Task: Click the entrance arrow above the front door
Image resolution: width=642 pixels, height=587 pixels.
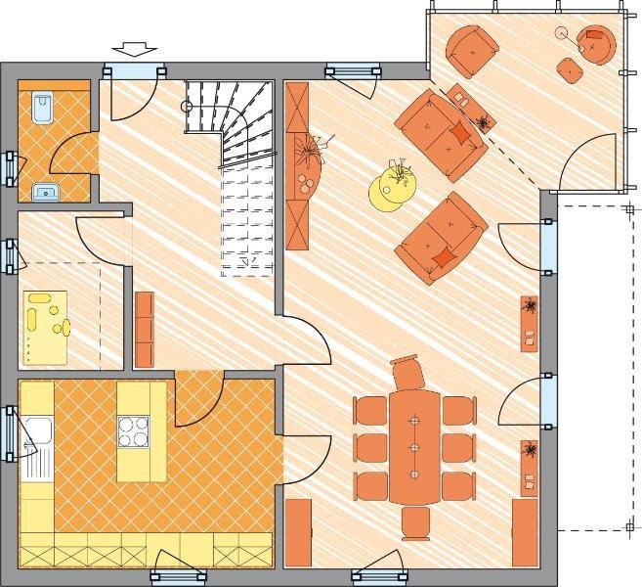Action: (x=134, y=48)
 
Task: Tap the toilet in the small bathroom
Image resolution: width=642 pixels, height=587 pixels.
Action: (x=42, y=107)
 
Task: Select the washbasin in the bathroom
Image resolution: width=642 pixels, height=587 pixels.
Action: (x=45, y=191)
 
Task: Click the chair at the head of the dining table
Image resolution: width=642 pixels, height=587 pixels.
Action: (x=407, y=375)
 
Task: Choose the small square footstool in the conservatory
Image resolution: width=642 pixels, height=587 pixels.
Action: (x=569, y=68)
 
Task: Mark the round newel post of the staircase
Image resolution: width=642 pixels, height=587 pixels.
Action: (x=189, y=106)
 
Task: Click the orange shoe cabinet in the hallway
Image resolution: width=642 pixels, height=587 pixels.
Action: (x=145, y=329)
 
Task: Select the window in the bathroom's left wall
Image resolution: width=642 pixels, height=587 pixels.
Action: (x=11, y=169)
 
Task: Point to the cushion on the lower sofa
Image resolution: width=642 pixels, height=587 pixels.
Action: (x=443, y=257)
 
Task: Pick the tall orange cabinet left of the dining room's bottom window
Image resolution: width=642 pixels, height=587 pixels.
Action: (x=299, y=532)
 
